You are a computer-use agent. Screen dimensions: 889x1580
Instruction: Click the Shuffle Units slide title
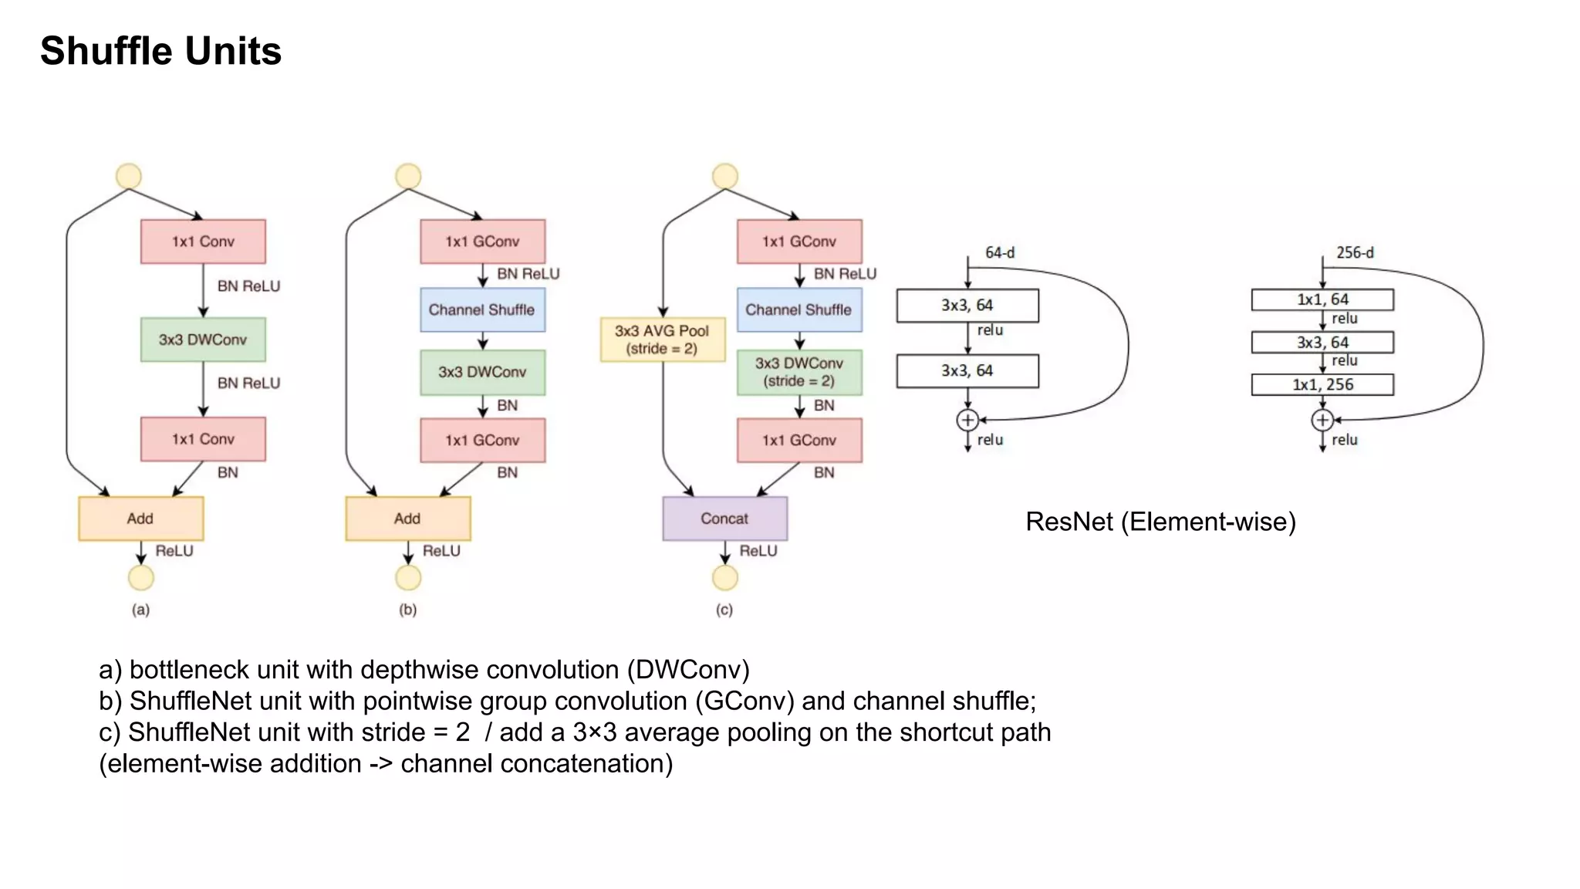[160, 51]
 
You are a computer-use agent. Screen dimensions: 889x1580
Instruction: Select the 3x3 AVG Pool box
[663, 340]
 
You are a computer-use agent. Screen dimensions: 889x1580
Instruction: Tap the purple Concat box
[724, 519]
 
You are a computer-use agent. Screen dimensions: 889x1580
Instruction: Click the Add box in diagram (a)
[140, 519]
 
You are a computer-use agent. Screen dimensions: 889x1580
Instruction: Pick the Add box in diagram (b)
[407, 519]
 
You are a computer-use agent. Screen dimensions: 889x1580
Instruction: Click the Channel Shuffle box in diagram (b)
[482, 309]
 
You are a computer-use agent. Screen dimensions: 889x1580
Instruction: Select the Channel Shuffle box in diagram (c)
[799, 309]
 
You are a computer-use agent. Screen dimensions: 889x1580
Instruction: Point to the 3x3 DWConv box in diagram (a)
[203, 340]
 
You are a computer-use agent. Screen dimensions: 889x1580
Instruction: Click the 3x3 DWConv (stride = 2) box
[799, 372]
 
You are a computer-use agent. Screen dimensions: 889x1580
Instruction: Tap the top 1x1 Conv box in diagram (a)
[203, 242]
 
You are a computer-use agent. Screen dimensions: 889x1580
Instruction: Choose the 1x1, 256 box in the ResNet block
[1322, 384]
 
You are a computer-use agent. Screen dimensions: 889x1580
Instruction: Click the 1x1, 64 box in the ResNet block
[1322, 299]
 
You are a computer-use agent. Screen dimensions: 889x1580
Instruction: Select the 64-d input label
[1000, 252]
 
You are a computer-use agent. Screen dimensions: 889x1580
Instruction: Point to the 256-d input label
[1355, 252]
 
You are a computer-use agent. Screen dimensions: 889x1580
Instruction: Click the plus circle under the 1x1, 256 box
[1322, 420]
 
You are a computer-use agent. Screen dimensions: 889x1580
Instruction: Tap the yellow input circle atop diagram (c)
[724, 176]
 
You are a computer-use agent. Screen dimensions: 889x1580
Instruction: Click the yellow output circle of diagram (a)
[140, 577]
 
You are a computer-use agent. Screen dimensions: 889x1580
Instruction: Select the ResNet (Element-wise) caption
[1160, 522]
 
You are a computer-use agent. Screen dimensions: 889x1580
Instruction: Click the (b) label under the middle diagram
[407, 610]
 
